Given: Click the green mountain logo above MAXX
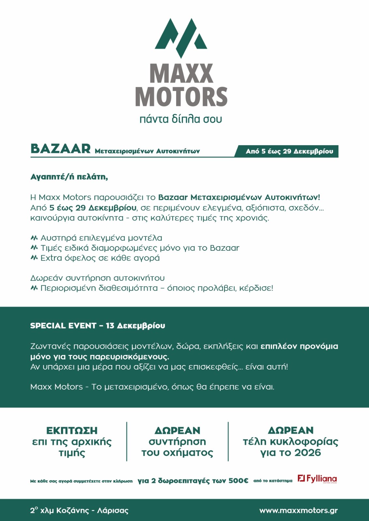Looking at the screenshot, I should pos(181,37).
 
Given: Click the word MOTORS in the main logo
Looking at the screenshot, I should pos(181,96).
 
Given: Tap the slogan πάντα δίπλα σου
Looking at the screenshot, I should pos(181,119).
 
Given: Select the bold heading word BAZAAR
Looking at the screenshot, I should pos(61,149).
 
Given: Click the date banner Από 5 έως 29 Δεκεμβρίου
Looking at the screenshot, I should pos(289,151).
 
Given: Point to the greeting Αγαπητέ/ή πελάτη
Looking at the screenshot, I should pos(69,177).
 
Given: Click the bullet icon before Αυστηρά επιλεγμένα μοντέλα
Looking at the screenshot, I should pos(34,238).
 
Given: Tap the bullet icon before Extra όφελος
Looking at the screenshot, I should pos(34,258).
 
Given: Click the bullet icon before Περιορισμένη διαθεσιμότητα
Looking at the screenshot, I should pos(34,288).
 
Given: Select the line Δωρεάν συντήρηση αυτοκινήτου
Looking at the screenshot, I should pos(98,278).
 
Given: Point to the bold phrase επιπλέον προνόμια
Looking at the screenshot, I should pos(299,346).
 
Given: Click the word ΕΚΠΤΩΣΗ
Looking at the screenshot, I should pos(72,430).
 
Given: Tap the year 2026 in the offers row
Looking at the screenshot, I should pos(308,453).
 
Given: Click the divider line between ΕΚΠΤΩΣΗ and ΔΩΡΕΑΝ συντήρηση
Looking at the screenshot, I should pos(127,441).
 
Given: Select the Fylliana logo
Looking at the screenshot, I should pos(317,479).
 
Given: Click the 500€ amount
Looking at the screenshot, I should pos(238,481).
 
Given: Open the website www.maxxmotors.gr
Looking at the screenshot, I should pos(299,511).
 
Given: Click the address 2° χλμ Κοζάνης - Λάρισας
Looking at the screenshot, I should pos(79,511).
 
